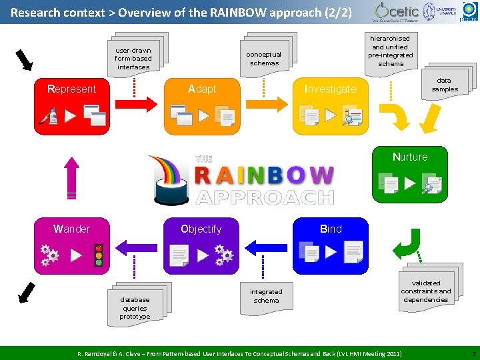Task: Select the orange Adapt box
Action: pyautogui.click(x=201, y=107)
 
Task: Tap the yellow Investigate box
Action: pyautogui.click(x=330, y=107)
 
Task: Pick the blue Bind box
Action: pyautogui.click(x=330, y=246)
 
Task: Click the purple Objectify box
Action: pyautogui.click(x=201, y=246)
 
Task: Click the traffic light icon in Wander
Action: pyautogui.click(x=99, y=255)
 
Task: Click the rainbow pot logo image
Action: pyautogui.click(x=169, y=179)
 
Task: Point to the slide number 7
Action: pyautogui.click(x=473, y=352)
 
